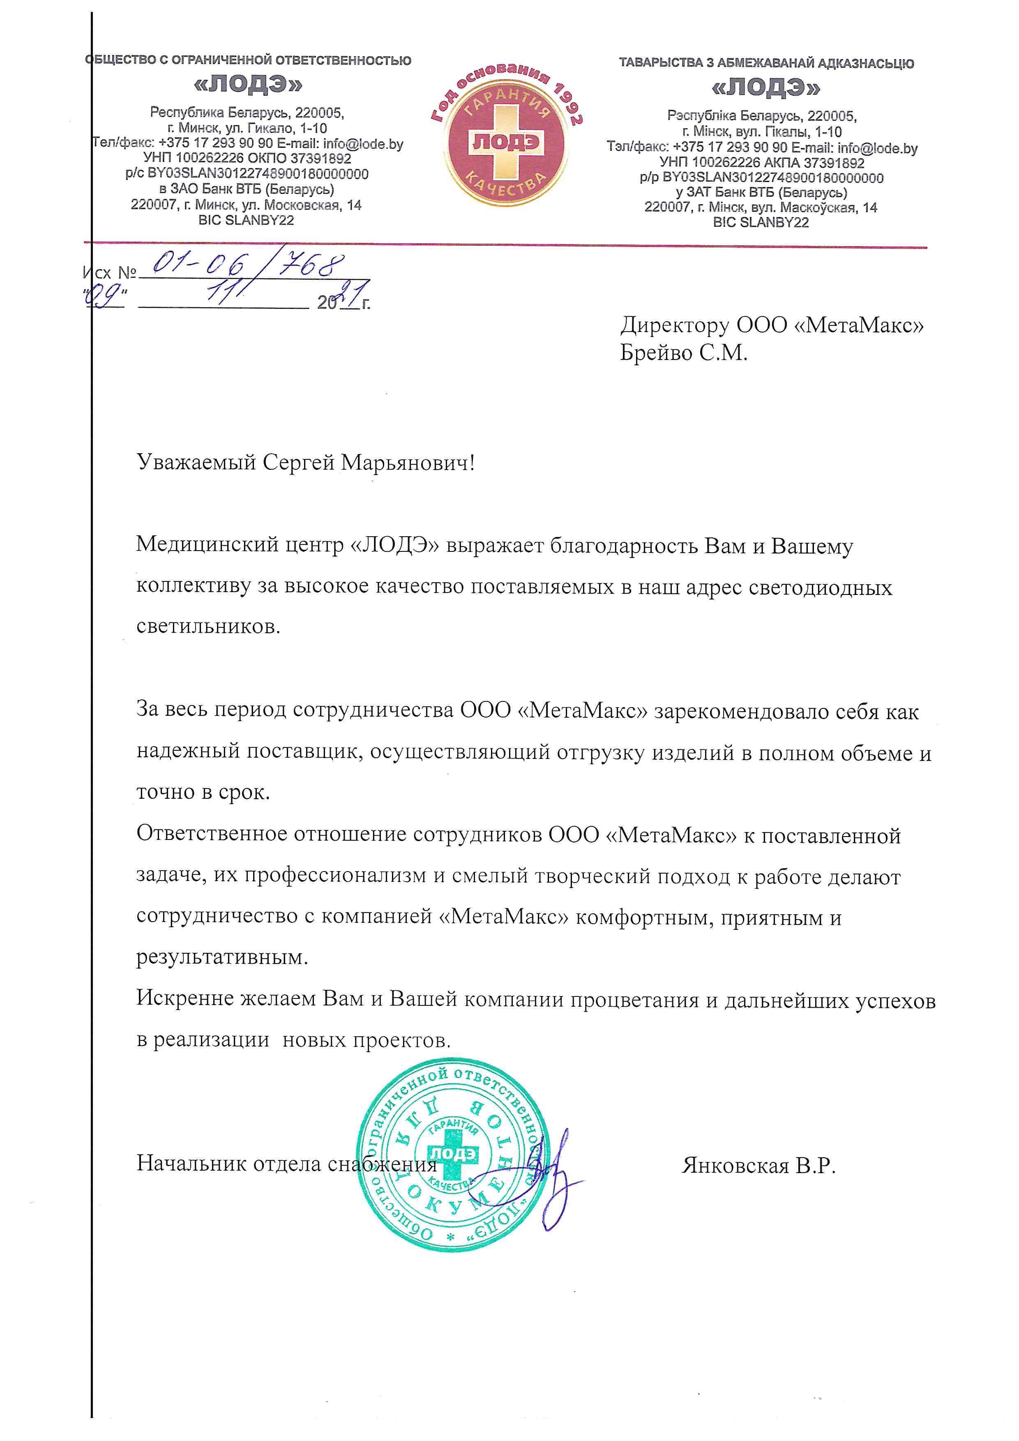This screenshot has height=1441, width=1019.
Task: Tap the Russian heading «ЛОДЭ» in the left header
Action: point(248,84)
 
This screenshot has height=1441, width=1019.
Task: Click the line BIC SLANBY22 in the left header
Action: point(246,220)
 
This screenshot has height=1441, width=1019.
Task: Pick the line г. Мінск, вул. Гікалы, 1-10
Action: point(762,132)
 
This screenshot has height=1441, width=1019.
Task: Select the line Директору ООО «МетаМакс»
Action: point(772,325)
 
